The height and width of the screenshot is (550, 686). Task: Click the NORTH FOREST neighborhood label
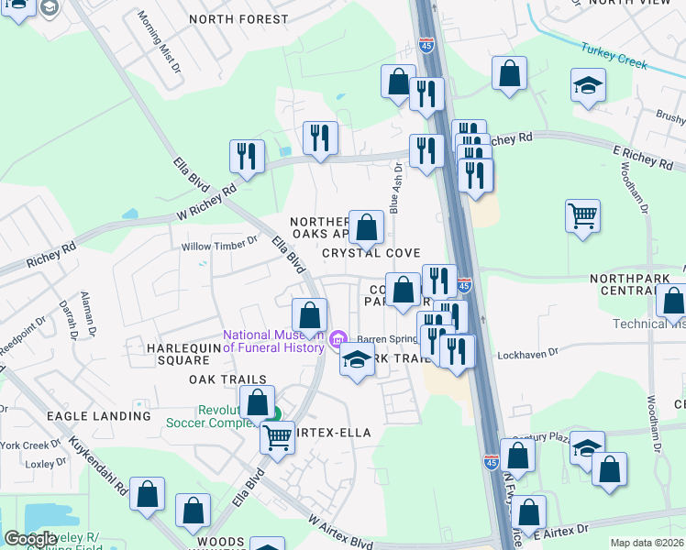238,18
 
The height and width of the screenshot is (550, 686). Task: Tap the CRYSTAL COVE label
371,253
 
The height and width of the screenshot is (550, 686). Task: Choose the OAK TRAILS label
227,379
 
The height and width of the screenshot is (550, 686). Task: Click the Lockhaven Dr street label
526,354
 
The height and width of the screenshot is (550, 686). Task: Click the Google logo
29,539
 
